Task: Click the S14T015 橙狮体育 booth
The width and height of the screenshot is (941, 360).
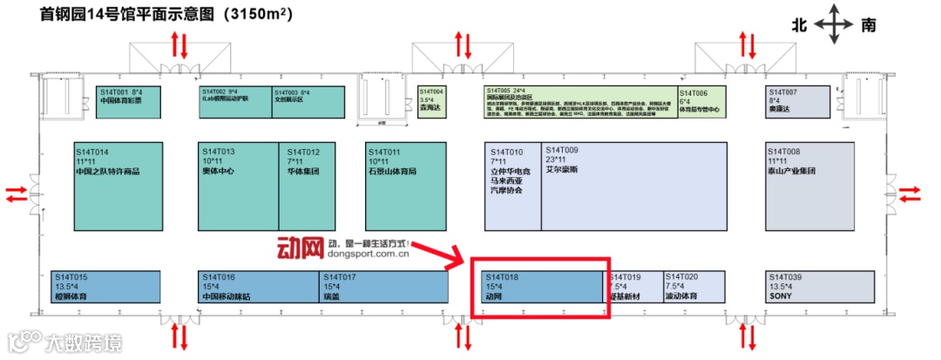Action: point(105,286)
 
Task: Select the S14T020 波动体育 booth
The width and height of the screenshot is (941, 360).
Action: point(694,286)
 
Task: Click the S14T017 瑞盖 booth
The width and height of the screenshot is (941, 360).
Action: point(383,286)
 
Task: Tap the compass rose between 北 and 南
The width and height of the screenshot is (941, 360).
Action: point(834,25)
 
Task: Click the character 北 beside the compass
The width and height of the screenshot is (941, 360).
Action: point(800,26)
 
